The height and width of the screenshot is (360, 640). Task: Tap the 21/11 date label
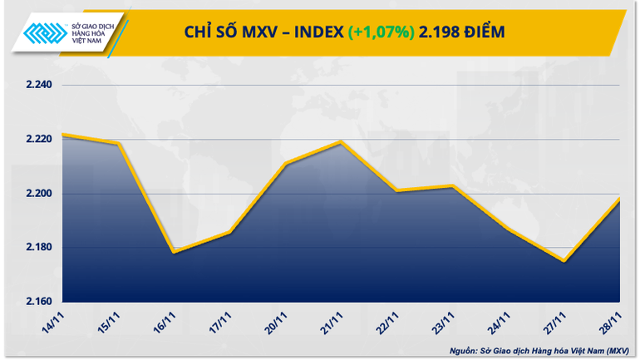332,319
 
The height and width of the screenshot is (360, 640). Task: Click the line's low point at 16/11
172,251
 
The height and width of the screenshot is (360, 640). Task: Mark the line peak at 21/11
341,142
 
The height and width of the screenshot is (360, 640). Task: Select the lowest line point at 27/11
564,261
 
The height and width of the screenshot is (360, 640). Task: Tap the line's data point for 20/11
285,164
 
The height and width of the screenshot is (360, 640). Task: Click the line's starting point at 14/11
63,135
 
